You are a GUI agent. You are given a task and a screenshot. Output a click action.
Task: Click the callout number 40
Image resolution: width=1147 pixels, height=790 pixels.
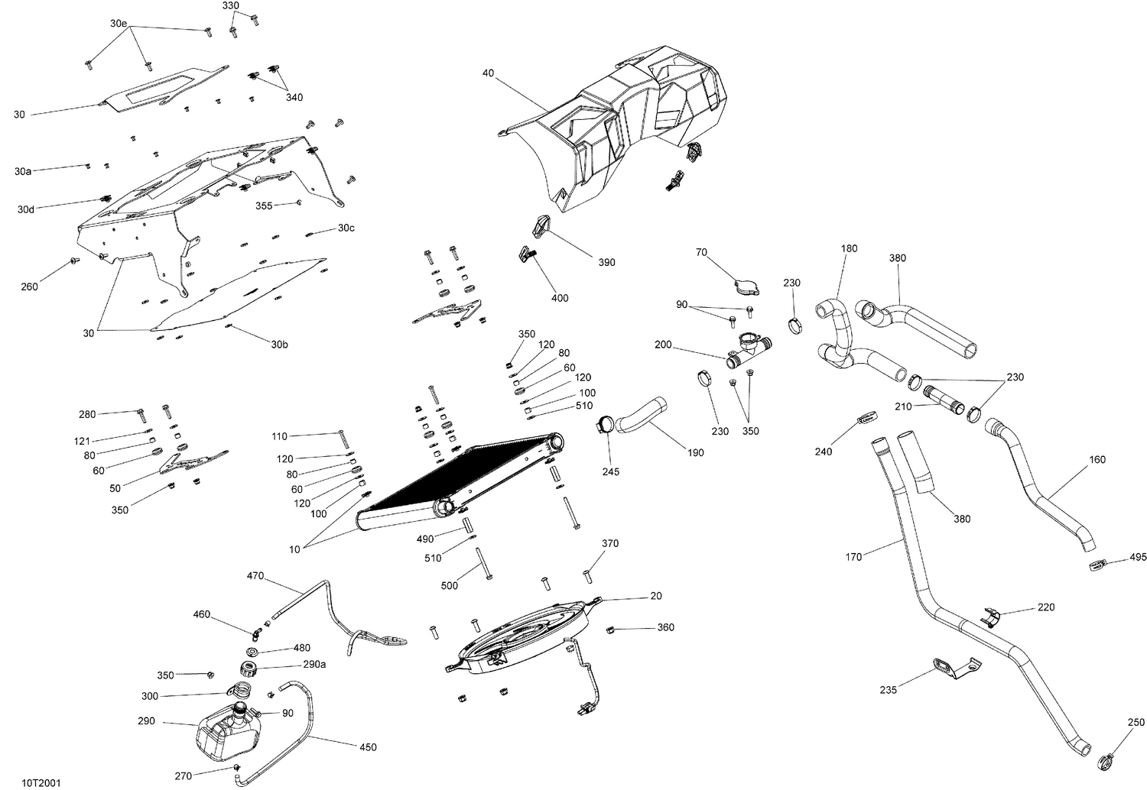click(x=488, y=73)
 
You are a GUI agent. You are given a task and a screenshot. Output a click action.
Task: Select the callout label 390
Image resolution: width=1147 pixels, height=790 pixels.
click(x=606, y=262)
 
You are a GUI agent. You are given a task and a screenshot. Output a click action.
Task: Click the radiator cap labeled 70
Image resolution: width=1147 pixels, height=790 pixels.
click(x=743, y=288)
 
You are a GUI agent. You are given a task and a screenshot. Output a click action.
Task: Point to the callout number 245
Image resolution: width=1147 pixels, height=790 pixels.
click(x=610, y=471)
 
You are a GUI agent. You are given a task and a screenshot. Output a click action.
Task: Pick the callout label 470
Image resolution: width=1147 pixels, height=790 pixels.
click(x=255, y=575)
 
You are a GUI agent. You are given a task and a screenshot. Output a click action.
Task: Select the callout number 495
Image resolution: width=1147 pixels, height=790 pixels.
click(x=1138, y=557)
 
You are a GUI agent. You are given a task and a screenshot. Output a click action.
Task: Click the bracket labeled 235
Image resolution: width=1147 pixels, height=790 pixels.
click(x=952, y=668)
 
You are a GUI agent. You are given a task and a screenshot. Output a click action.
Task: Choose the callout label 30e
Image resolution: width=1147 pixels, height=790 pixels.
click(x=118, y=24)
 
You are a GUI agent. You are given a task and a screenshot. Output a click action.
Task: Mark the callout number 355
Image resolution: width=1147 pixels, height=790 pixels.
click(x=264, y=206)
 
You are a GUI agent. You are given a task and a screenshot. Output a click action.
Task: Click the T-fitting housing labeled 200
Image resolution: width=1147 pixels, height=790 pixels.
click(x=745, y=351)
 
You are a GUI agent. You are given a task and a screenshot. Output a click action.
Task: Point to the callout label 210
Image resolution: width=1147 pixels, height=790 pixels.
click(x=902, y=406)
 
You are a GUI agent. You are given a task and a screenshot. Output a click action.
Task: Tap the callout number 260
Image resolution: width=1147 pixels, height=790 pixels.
click(x=29, y=287)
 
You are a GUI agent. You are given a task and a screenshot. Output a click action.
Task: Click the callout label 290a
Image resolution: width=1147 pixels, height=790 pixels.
click(x=314, y=665)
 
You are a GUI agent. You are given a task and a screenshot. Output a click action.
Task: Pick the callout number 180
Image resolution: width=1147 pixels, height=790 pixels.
click(x=849, y=248)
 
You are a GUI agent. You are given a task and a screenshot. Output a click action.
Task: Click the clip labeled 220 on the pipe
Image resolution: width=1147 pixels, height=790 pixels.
click(x=991, y=615)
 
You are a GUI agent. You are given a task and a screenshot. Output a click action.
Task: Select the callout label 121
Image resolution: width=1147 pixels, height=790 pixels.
click(x=82, y=441)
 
